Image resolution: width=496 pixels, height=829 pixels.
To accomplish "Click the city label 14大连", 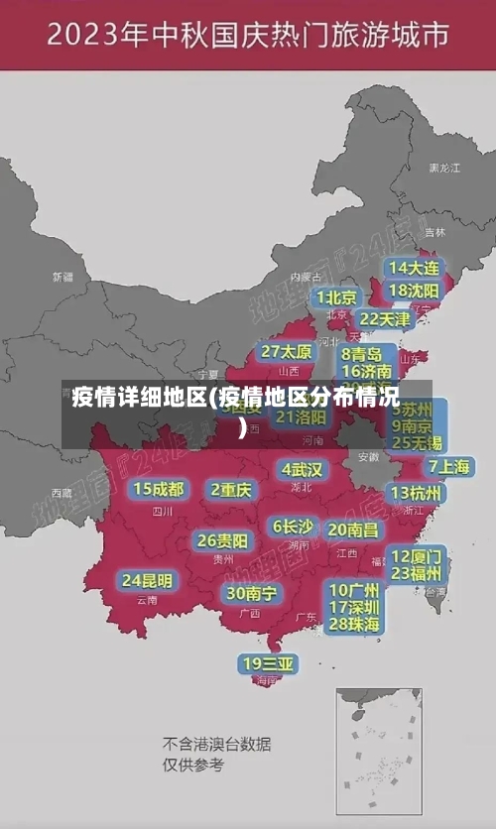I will click(414, 268).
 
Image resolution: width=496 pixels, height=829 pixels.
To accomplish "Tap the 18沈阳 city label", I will click(414, 291).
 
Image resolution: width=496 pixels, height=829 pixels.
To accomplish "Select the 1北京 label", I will click(337, 297).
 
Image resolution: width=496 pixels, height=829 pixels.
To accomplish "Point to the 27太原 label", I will click(287, 351).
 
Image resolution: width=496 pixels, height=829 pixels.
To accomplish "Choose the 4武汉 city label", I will click(302, 469).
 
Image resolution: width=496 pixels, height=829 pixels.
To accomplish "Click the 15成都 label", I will click(159, 489).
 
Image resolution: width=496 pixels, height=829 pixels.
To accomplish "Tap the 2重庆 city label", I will click(232, 489).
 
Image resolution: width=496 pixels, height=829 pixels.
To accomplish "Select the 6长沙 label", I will click(293, 527).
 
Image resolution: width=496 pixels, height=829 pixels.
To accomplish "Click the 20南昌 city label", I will click(352, 530).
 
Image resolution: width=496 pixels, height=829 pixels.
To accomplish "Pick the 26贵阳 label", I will click(222, 540).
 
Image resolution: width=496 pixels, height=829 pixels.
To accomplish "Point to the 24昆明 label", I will click(147, 580).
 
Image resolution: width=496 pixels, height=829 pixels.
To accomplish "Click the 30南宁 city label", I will click(252, 593).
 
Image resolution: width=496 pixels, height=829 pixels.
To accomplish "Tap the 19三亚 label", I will click(267, 662).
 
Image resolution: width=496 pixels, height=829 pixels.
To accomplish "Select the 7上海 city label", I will click(448, 466).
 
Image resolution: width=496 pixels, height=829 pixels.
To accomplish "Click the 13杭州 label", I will click(417, 493).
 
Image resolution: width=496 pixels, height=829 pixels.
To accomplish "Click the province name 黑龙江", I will click(443, 169).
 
